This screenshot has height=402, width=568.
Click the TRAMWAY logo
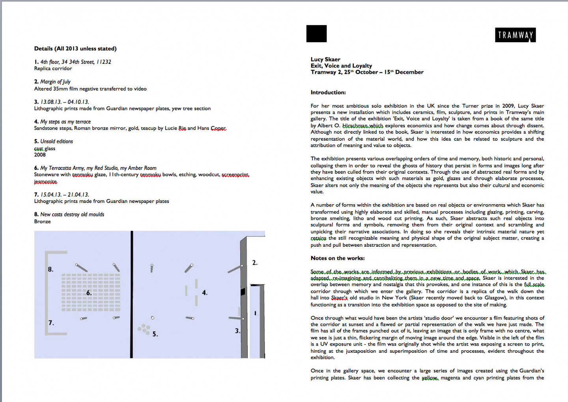coord(515,35)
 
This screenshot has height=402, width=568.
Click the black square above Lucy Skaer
coord(316,33)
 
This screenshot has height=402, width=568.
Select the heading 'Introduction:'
coord(328,93)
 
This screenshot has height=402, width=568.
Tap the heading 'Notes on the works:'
coord(337,258)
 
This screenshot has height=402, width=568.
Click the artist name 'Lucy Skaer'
coord(325,60)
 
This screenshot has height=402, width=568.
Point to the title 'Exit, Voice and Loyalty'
coord(341,66)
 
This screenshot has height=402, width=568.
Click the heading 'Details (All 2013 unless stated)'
coord(75,48)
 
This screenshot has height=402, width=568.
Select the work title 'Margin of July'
coord(55,82)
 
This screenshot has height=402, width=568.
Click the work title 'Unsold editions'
coord(56,141)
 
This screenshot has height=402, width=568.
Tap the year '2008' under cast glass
coord(40,155)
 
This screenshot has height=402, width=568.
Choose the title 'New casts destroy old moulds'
coord(72,214)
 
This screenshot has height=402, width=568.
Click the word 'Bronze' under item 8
coord(42,221)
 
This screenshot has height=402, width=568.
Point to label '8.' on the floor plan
coord(50,270)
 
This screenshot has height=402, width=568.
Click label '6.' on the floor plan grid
coord(89,293)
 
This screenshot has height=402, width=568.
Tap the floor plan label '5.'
coord(155,334)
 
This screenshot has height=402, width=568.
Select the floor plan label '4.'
coord(204,293)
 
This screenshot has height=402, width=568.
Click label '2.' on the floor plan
coord(254,263)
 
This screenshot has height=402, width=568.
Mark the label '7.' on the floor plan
coord(51,323)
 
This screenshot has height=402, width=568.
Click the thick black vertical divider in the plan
coord(132,294)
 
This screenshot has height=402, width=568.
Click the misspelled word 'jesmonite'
coord(45,182)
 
